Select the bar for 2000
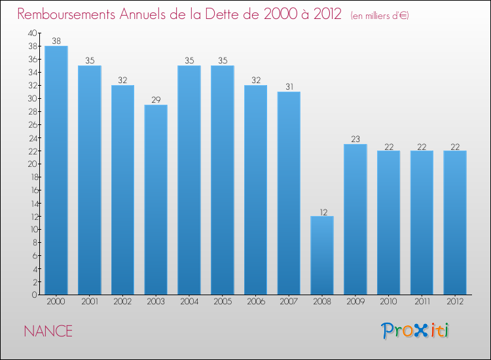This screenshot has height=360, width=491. pyautogui.click(x=56, y=170)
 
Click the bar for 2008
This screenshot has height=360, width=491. pyautogui.click(x=322, y=255)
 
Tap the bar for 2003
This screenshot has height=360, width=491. pyautogui.click(x=156, y=200)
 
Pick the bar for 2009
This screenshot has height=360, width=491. pyautogui.click(x=355, y=219)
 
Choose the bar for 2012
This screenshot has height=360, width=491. pyautogui.click(x=455, y=223)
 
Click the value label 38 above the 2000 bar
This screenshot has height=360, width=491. pyautogui.click(x=56, y=41)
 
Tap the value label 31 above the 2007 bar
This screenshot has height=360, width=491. pyautogui.click(x=289, y=86)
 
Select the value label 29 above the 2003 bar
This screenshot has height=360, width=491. pyautogui.click(x=156, y=99)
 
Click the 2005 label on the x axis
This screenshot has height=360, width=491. pyautogui.click(x=223, y=302)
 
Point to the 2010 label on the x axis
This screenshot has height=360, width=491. pyautogui.click(x=389, y=302)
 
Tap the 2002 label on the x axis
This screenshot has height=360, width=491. pyautogui.click(x=122, y=302)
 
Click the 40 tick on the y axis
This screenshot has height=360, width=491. pyautogui.click(x=33, y=33)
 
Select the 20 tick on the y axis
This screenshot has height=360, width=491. pyautogui.click(x=33, y=164)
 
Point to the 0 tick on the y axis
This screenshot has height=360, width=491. pyautogui.click(x=35, y=295)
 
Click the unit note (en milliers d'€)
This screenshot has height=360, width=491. pyautogui.click(x=380, y=15)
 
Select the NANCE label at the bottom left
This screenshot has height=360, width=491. pyautogui.click(x=48, y=331)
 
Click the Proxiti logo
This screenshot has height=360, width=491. pyautogui.click(x=415, y=331)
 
